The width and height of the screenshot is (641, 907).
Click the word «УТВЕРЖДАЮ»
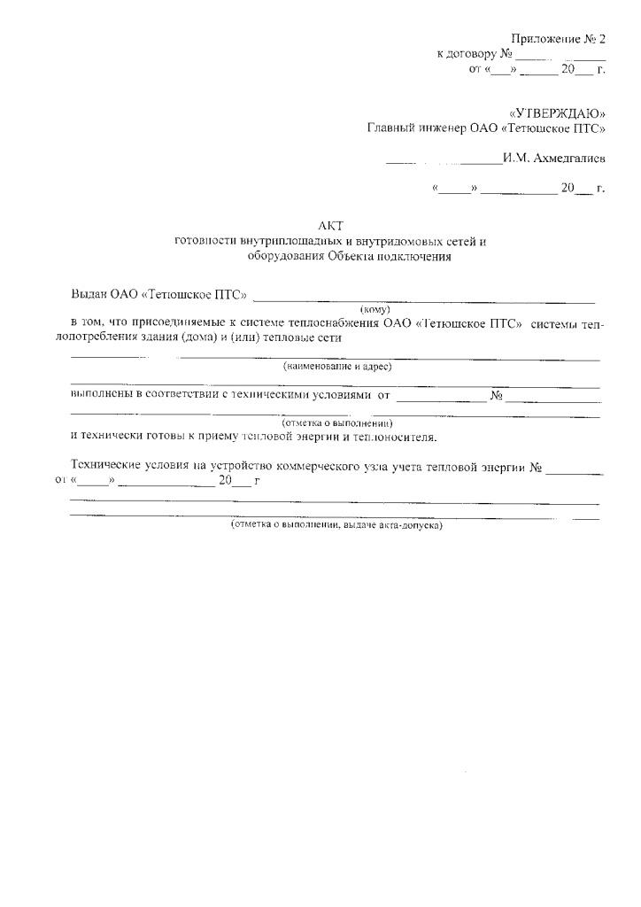(x=557, y=113)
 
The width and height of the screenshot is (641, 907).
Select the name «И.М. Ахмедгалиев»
(x=553, y=159)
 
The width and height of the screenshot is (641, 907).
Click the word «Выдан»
(x=89, y=294)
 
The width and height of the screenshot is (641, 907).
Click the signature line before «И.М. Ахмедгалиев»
(x=443, y=162)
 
